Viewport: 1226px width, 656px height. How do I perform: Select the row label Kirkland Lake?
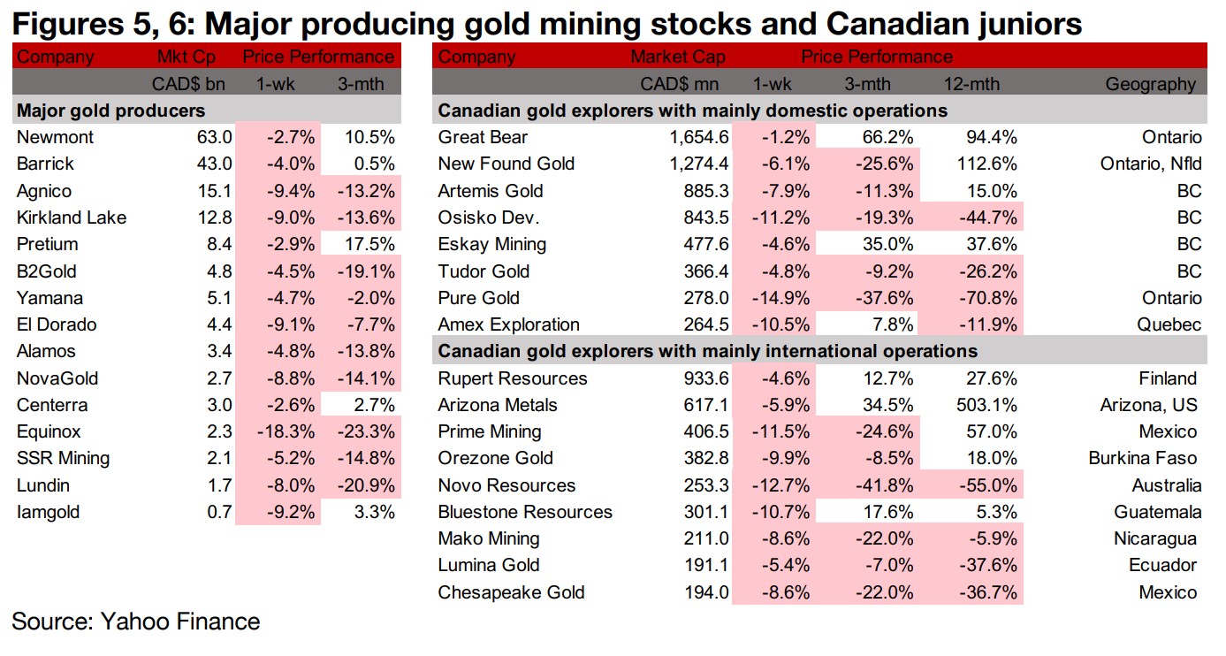click(72, 217)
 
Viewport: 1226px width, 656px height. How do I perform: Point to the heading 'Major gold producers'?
click(111, 111)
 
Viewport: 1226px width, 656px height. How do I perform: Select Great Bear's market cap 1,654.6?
click(696, 137)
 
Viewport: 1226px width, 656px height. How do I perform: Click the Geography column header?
click(1150, 85)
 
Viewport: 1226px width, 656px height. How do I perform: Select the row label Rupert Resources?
click(513, 378)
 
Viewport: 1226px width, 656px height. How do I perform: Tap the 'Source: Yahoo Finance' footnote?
click(136, 622)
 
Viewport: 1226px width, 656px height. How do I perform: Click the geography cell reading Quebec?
click(1170, 324)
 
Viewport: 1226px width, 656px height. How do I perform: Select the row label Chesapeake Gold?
click(511, 592)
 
